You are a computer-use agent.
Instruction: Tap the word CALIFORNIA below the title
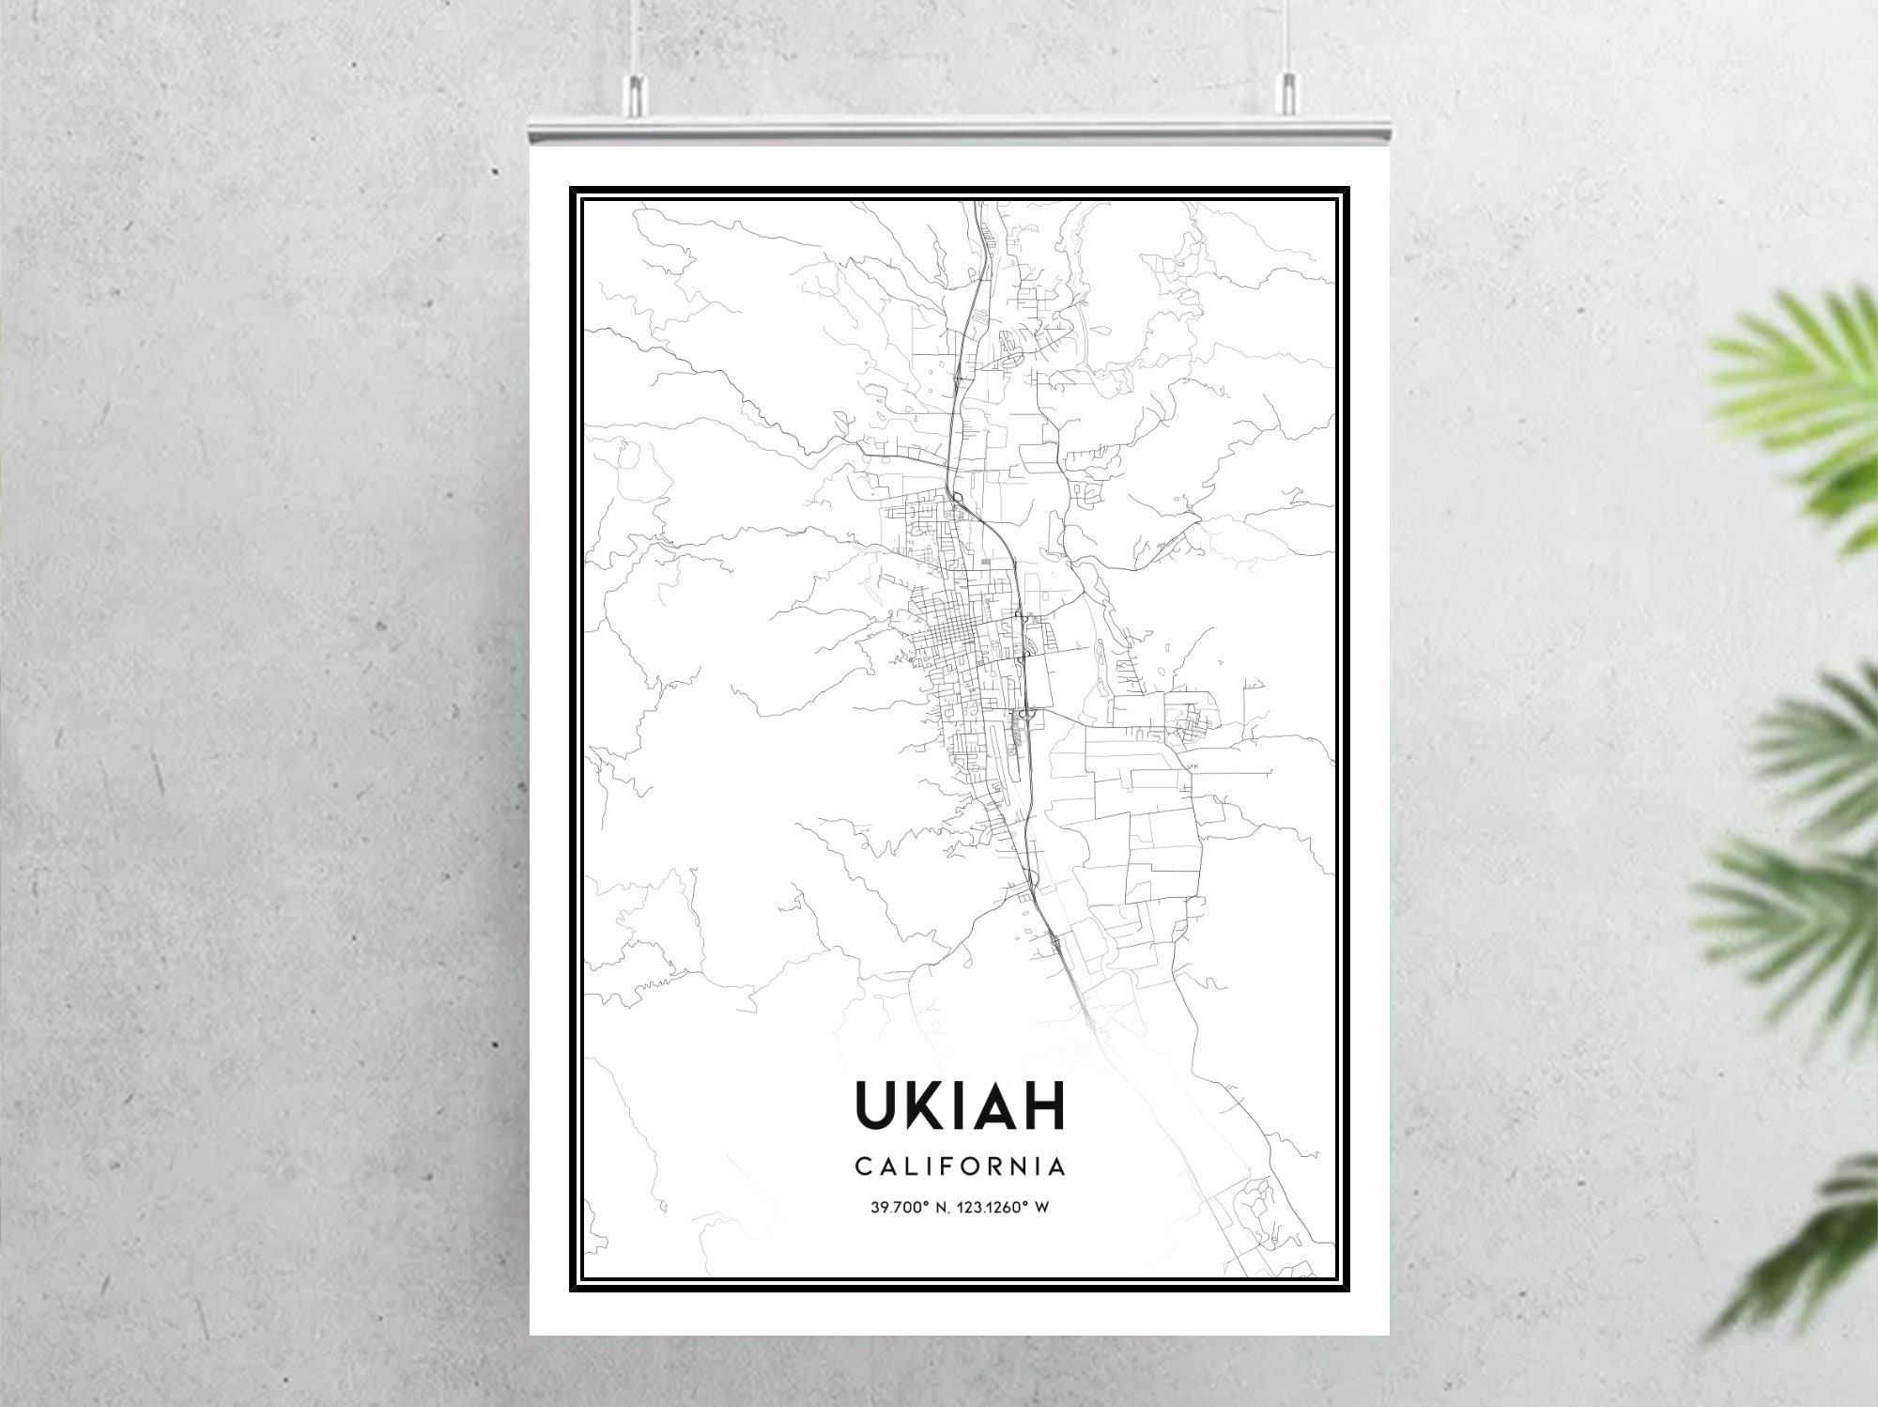click(960, 1167)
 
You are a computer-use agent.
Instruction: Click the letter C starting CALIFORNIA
click(862, 1167)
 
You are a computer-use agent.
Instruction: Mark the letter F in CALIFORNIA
click(939, 1167)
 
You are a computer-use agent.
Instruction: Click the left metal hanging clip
click(636, 91)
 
